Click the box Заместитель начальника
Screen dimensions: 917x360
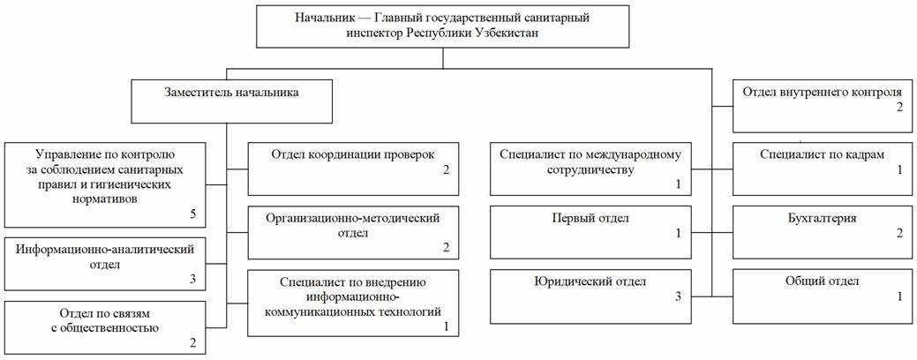[x=228, y=101]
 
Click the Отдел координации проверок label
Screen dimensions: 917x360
[x=353, y=155]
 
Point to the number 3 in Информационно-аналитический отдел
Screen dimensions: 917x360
[x=193, y=279]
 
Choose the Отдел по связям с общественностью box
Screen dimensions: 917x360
[x=105, y=327]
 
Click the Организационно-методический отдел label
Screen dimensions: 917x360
[x=353, y=225]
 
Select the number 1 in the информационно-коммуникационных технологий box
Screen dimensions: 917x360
[x=447, y=326]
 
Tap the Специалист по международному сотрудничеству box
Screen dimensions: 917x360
[x=590, y=169]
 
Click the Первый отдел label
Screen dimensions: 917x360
[x=590, y=219]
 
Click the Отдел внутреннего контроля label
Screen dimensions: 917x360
[x=823, y=92]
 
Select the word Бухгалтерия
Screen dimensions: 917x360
[x=823, y=219]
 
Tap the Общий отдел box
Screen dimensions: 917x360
[x=823, y=296]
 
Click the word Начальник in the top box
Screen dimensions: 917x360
[x=323, y=18]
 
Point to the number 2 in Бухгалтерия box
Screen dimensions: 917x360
[x=900, y=233]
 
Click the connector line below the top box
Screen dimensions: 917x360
[x=443, y=58]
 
